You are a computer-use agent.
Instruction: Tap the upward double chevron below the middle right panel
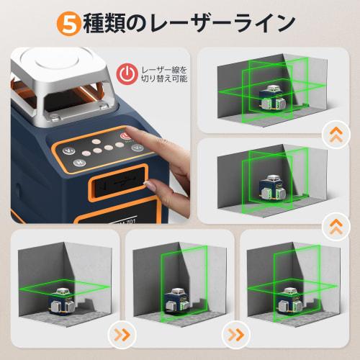[x=333, y=226]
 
